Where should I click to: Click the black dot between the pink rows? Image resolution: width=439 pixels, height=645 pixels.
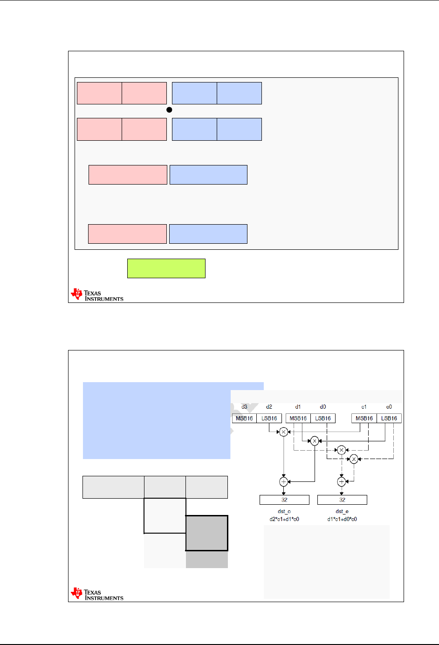pos(169,110)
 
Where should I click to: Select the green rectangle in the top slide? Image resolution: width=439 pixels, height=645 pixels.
pos(166,268)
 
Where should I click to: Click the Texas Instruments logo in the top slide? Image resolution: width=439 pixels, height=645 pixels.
pos(97,295)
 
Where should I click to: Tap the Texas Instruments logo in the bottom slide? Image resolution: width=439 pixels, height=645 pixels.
pos(97,594)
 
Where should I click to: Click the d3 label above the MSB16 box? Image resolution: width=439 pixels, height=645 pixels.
pos(244,407)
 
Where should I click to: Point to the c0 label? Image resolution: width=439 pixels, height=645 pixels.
pos(389,407)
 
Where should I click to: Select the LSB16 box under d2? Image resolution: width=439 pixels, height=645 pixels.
pos(269,419)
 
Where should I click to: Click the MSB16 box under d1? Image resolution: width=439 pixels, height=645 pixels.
pos(298,419)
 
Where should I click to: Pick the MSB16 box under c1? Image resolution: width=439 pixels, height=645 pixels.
pos(364,419)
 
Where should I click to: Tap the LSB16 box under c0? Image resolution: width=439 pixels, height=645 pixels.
pos(389,419)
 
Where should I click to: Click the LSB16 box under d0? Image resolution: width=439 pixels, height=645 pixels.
pos(323,419)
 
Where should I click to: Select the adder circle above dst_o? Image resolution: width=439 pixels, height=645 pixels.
pos(283,481)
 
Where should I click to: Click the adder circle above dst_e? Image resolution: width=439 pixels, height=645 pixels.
pos(342,481)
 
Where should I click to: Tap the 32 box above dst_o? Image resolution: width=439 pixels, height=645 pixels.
pos(284,500)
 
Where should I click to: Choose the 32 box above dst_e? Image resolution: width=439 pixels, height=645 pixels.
pos(342,500)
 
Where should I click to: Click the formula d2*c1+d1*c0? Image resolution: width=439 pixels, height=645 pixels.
pos(284,519)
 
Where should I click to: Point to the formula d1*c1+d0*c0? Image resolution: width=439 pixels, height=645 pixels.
pos(342,519)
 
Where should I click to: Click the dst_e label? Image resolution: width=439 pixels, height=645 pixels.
pos(342,512)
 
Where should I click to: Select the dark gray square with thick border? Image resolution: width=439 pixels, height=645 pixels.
pos(207,533)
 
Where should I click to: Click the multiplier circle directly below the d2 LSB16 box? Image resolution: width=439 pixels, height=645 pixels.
pos(283,432)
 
